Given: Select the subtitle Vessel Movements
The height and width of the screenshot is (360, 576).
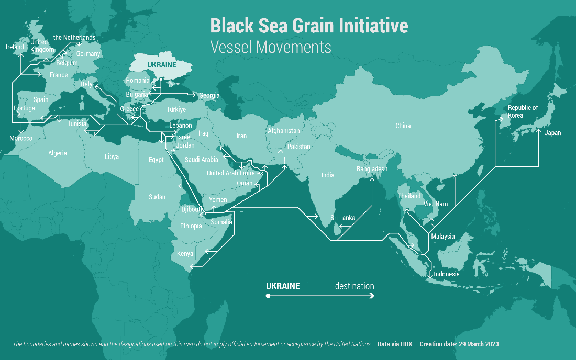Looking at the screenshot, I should [271, 47].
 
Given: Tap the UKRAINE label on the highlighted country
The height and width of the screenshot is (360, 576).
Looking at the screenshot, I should [162, 64].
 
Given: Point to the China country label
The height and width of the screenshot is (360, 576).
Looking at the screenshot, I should [403, 126].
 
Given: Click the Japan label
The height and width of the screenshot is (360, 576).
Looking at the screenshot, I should [552, 133].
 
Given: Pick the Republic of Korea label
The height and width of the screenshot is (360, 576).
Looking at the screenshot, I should [523, 111].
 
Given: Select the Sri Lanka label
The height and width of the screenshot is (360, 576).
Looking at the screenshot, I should [343, 218].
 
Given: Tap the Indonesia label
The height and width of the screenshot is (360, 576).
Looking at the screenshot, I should [447, 274].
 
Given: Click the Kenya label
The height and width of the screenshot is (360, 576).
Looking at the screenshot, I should [185, 254].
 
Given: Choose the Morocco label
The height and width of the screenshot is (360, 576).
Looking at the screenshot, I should [21, 138].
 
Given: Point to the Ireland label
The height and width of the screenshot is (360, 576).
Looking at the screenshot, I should [15, 47].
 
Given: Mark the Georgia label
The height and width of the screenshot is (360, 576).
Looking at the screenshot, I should [209, 96].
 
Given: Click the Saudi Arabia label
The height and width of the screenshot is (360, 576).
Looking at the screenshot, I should [202, 160].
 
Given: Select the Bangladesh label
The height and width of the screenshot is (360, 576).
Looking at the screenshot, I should [372, 169].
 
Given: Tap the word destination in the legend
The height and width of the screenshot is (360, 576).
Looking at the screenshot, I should [355, 286].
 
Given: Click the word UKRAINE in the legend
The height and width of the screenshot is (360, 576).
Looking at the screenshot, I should [283, 286].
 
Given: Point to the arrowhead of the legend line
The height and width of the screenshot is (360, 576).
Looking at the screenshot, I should [372, 296].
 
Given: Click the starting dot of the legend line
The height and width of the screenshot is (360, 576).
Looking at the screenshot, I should [268, 296].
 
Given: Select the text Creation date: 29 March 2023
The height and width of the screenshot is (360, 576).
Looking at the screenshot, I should [459, 344].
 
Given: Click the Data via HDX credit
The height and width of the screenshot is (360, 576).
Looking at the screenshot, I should [395, 344].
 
